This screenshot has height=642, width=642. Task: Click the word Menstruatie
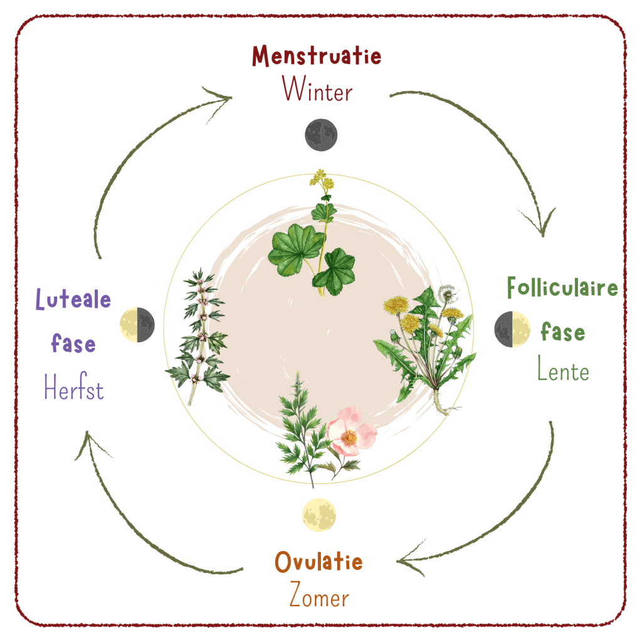click(x=317, y=56)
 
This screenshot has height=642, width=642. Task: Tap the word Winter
click(x=317, y=90)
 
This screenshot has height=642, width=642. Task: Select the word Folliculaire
click(x=562, y=289)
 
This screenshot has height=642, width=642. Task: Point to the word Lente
click(x=562, y=371)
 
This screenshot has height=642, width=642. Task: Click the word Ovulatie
click(x=318, y=562)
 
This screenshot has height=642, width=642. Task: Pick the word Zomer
click(x=318, y=596)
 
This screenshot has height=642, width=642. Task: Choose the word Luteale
click(x=73, y=300)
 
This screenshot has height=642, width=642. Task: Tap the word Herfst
click(x=73, y=389)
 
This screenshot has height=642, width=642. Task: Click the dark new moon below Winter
click(x=321, y=135)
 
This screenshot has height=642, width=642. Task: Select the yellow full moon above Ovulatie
click(x=320, y=514)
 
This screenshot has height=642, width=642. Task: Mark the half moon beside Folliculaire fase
click(x=512, y=329)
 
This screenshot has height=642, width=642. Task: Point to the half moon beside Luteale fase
click(x=137, y=325)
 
